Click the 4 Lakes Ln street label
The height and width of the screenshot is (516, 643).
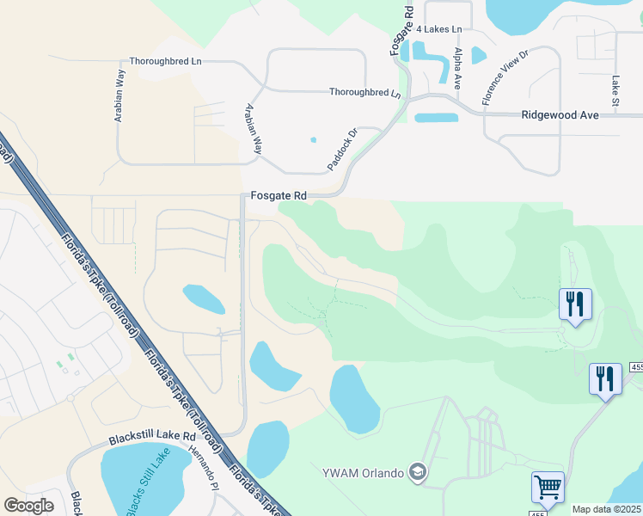pos(438,29)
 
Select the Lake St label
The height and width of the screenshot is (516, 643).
pos(615,85)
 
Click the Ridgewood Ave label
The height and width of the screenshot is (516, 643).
pos(560,114)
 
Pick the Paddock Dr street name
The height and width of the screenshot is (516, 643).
pos(341,149)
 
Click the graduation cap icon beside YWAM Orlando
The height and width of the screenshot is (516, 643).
pos(417,471)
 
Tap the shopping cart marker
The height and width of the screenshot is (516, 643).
pos(548,487)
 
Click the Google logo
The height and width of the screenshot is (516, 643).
pos(28,506)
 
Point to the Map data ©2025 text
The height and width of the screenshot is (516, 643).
pos(606,509)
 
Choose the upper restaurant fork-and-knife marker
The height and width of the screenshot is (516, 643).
pos(575,303)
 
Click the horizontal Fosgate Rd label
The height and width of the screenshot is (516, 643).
pos(279,196)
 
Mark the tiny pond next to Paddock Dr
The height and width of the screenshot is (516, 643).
pos(313,139)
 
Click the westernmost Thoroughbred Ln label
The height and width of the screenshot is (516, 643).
pos(165,62)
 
